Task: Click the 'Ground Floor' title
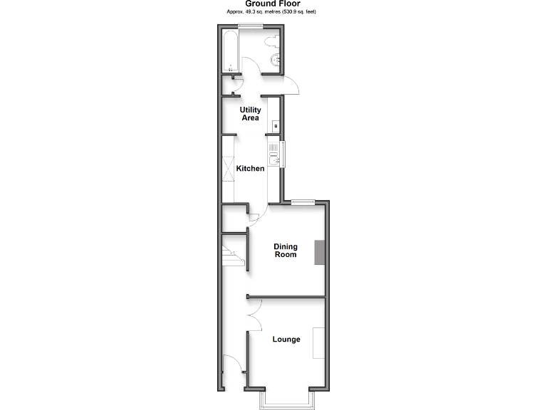tap(273, 4)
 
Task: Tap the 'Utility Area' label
tap(250, 114)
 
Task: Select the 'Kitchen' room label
tap(251, 169)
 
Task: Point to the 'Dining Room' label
tap(286, 251)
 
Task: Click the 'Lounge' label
tap(286, 340)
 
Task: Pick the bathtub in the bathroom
tap(231, 52)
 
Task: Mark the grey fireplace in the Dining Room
tap(321, 253)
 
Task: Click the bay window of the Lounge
tap(285, 400)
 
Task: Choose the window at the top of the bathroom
tap(250, 27)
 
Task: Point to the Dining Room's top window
tap(303, 201)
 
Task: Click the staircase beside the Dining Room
tap(232, 256)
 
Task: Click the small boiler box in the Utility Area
tap(276, 126)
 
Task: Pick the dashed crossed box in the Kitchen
tap(228, 169)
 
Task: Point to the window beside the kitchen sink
tap(283, 155)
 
